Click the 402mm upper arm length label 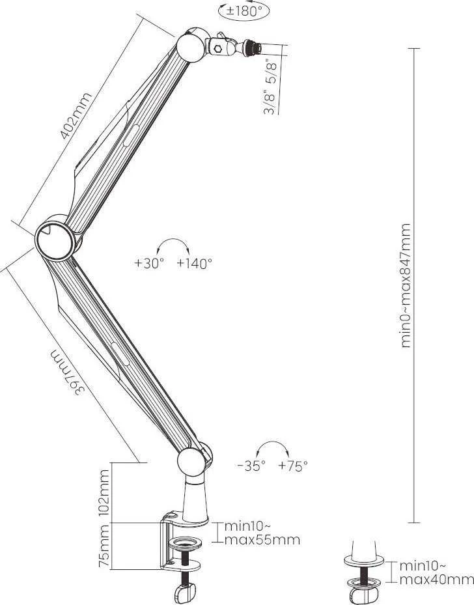click(x=76, y=116)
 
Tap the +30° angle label click(x=149, y=263)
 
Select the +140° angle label click(x=195, y=263)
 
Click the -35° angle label click(x=251, y=466)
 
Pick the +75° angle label click(x=293, y=466)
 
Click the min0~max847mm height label click(x=406, y=285)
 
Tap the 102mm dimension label click(x=104, y=492)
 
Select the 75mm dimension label click(x=104, y=546)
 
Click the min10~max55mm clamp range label click(x=262, y=533)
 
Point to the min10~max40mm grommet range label click(x=436, y=573)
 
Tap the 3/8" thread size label click(x=270, y=102)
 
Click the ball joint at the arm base click(x=191, y=462)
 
